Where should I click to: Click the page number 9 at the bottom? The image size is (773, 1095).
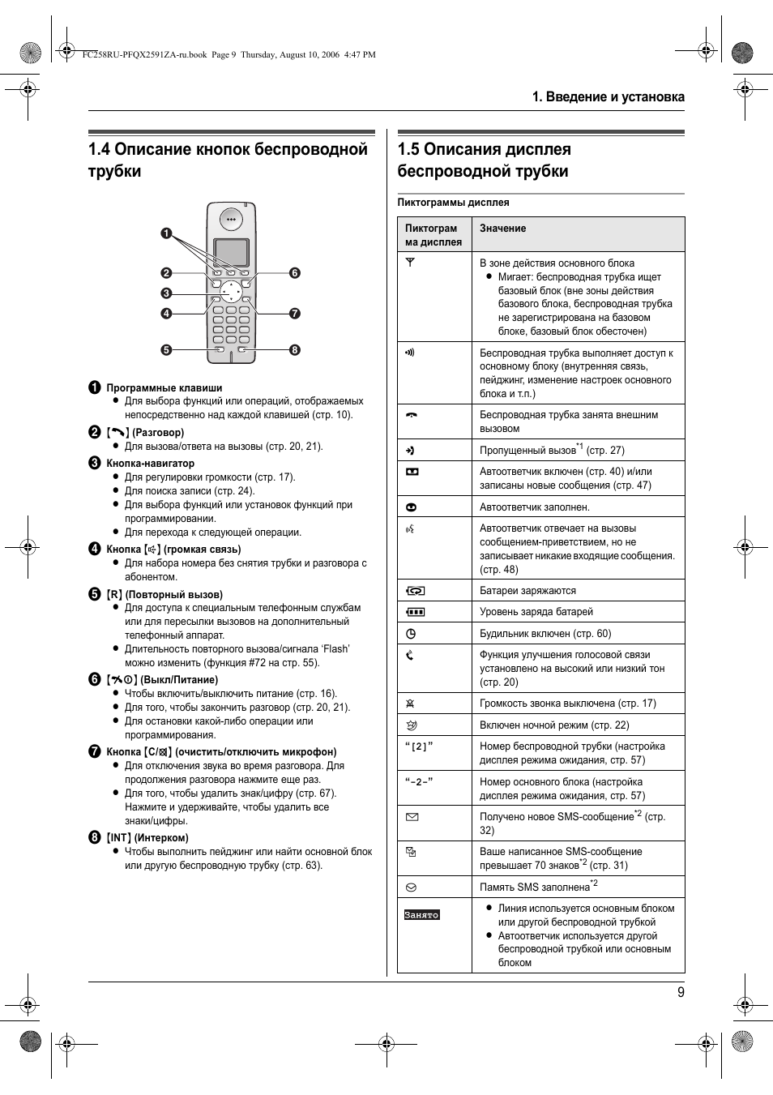point(681,992)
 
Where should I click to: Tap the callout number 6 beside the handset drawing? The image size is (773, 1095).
point(295,273)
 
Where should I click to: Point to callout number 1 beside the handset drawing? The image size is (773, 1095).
point(166,233)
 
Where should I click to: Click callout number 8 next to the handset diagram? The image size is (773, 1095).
point(295,350)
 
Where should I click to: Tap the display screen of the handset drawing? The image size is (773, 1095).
point(231,252)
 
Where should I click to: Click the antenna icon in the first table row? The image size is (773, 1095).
point(410,263)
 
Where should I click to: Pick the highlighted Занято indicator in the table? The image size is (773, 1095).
point(421,915)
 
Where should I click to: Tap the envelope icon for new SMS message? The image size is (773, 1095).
point(412,817)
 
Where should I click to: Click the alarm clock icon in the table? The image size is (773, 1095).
point(411,634)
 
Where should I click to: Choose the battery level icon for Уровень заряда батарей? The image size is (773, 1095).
point(415,612)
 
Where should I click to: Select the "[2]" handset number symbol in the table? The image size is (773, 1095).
point(419,746)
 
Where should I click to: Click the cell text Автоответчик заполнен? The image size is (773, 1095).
point(534,507)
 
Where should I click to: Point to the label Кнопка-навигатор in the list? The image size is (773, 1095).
point(150,464)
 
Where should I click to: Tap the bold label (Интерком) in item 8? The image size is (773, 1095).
point(161,838)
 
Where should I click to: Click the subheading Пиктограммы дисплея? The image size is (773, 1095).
point(453,203)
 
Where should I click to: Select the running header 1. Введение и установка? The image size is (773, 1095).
point(608,96)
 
